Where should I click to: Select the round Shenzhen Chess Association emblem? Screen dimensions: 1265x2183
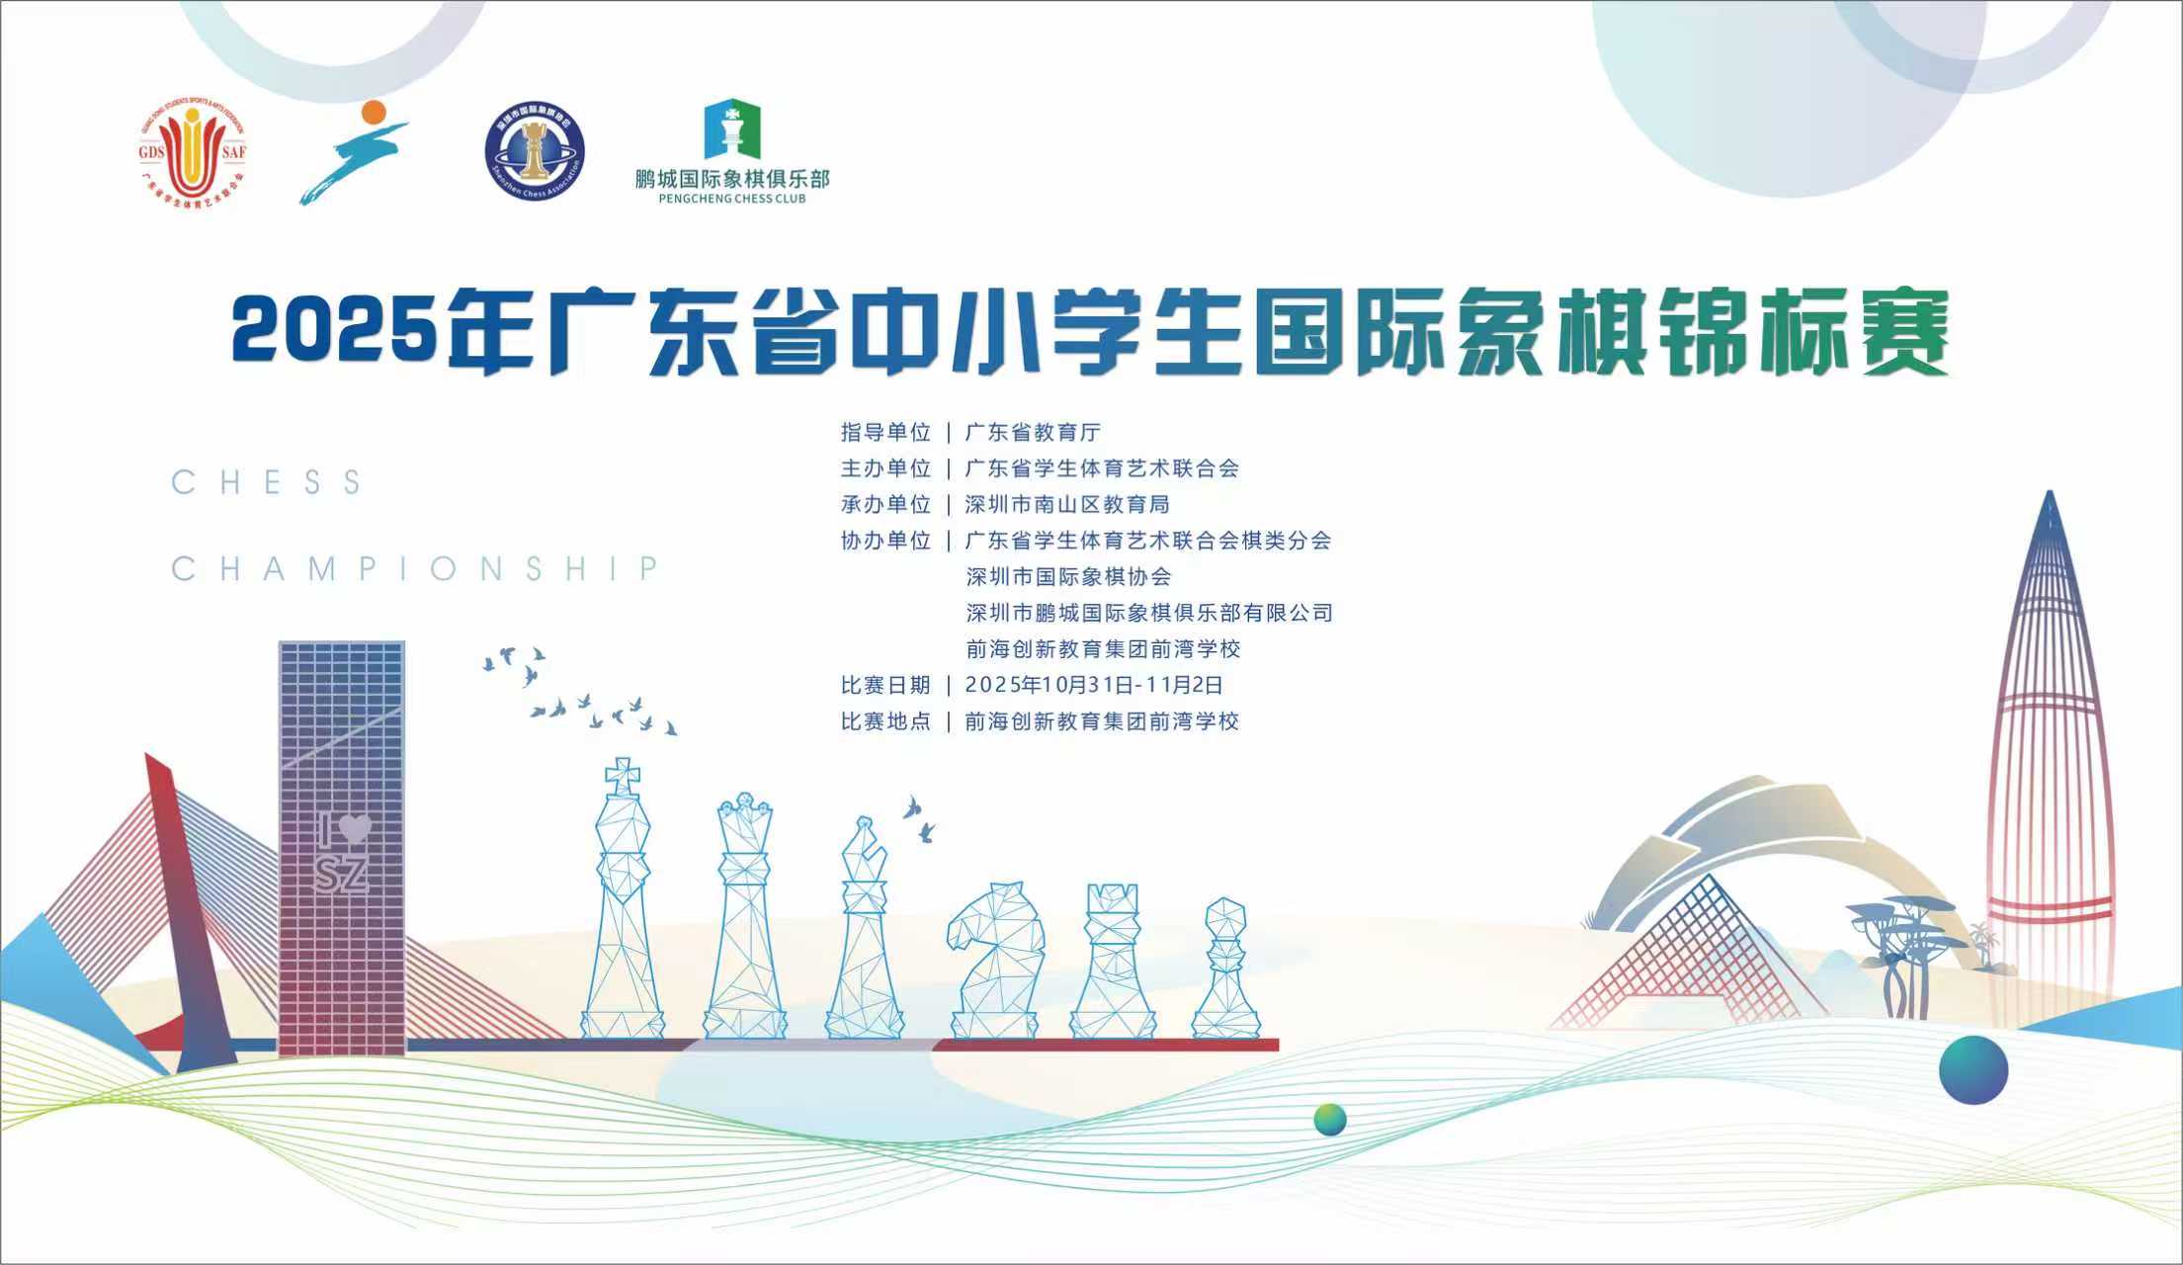pyautogui.click(x=535, y=151)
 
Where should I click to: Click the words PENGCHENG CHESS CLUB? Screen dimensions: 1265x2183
pyautogui.click(x=732, y=199)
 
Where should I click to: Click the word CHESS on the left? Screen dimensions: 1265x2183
pyautogui.click(x=266, y=482)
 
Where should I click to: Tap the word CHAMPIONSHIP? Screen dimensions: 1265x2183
pyautogui.click(x=415, y=569)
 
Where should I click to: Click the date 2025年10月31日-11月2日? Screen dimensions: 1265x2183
pyautogui.click(x=1094, y=685)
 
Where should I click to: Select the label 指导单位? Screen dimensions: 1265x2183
pyautogui.click(x=885, y=432)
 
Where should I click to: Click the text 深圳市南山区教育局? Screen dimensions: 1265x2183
pyautogui.click(x=1067, y=504)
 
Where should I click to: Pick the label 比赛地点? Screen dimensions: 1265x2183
pyautogui.click(x=885, y=721)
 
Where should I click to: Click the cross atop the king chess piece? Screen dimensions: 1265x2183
pyautogui.click(x=623, y=775)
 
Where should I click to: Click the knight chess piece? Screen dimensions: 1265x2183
pyautogui.click(x=996, y=959)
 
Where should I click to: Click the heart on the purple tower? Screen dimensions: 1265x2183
pyautogui.click(x=355, y=829)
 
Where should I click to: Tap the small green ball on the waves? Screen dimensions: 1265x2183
pyautogui.click(x=1330, y=1120)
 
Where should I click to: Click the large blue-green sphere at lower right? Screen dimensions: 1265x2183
pyautogui.click(x=1973, y=1069)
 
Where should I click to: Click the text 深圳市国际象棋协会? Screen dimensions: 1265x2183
pyautogui.click(x=1068, y=576)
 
